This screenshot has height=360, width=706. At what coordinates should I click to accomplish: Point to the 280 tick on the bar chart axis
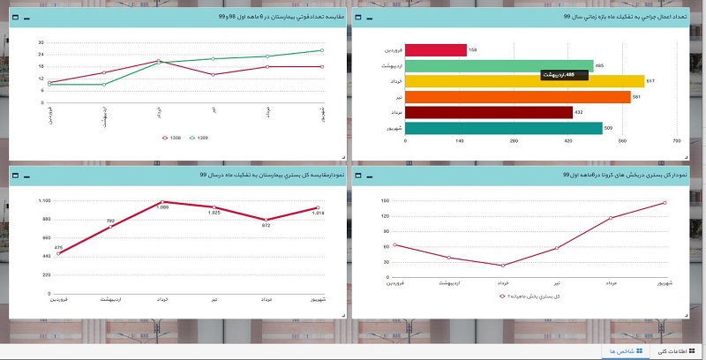coord(514,141)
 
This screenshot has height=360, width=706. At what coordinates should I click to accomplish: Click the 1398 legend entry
coord(172,138)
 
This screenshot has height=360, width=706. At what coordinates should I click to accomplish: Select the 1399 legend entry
coord(199,138)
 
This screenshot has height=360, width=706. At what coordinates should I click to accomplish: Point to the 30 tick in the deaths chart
coord(41,42)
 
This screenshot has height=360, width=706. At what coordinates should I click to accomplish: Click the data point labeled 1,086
coord(163,202)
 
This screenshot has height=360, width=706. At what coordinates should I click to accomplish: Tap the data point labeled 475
coord(58,254)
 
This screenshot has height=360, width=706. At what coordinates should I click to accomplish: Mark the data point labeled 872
coord(267,220)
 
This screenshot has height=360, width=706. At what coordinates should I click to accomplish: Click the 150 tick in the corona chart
coord(386,201)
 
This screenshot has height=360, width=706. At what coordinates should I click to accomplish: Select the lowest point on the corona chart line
coord(503,266)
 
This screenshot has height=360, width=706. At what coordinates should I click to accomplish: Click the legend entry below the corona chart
coord(529,296)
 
